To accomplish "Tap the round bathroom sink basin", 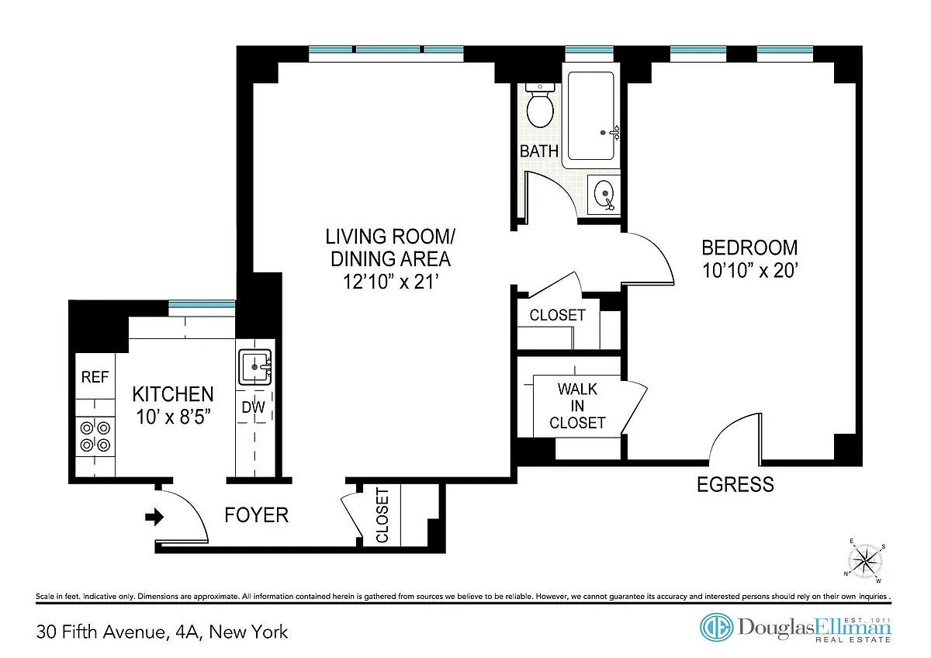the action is (x=605, y=194).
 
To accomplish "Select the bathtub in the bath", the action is (x=590, y=116).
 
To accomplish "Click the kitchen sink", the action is (x=255, y=367).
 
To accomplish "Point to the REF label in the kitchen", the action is (x=95, y=377).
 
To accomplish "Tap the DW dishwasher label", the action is (x=253, y=407).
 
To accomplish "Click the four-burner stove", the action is (x=95, y=436).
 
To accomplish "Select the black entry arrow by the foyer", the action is (x=154, y=517).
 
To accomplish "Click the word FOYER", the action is (x=257, y=515).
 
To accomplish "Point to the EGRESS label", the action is (x=735, y=485).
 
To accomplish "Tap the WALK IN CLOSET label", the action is (x=577, y=406).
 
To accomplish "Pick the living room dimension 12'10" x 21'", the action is (x=391, y=282).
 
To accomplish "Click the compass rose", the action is (x=865, y=560).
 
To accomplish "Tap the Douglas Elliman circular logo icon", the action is (x=716, y=627).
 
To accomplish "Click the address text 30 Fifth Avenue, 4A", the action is (x=119, y=632).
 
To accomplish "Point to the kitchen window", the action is (x=202, y=305).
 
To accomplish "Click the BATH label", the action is (x=539, y=151).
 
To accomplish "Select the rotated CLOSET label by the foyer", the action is (x=382, y=515).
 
